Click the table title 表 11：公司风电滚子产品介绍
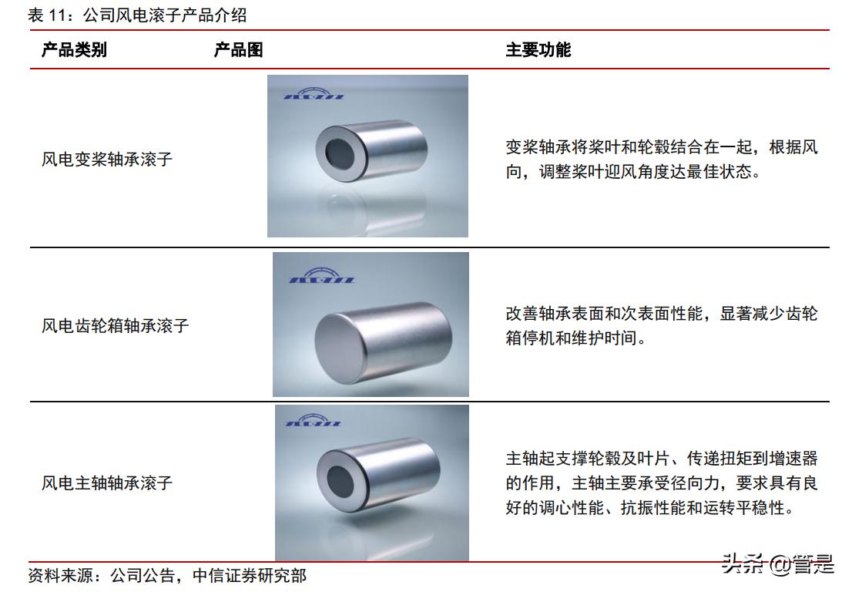click(x=138, y=15)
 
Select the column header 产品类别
click(x=74, y=50)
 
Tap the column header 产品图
click(x=238, y=50)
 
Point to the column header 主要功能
click(x=538, y=50)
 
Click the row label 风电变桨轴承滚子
click(x=106, y=160)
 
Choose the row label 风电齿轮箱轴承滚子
click(x=115, y=325)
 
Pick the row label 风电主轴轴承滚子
click(x=106, y=483)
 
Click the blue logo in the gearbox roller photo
click(x=320, y=275)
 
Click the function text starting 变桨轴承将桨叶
click(x=661, y=160)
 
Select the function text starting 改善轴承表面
click(x=661, y=325)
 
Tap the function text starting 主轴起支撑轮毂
click(x=661, y=483)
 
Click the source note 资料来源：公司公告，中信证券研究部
click(x=167, y=575)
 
